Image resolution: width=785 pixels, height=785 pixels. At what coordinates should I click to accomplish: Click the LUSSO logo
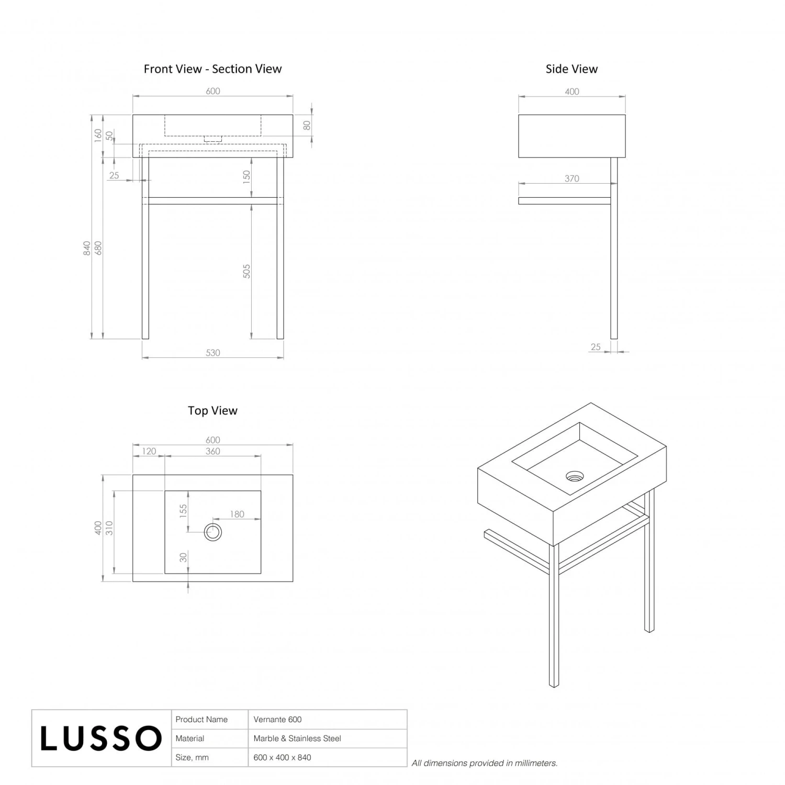(101, 738)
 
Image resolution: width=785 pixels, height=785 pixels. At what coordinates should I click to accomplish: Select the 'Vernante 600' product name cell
(277, 720)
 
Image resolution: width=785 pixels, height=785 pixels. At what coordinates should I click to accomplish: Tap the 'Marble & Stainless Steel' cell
(297, 738)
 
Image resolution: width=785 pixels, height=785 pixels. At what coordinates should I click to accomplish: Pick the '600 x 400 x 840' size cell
(282, 757)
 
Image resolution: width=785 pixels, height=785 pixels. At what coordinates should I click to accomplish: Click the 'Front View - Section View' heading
(212, 69)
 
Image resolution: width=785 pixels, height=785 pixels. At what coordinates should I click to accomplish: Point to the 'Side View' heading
(571, 69)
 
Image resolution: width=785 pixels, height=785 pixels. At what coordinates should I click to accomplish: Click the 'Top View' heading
(212, 411)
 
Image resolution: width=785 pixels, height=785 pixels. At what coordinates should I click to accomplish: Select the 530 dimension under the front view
(213, 353)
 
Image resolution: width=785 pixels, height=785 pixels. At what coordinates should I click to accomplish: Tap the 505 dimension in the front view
(247, 271)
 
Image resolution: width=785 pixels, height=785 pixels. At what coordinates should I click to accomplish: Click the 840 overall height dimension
(87, 248)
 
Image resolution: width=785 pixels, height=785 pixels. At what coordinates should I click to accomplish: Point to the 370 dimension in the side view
(571, 179)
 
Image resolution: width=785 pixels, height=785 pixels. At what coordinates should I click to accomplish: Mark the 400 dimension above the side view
(572, 92)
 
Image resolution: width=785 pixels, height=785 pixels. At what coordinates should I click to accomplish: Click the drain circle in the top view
(213, 532)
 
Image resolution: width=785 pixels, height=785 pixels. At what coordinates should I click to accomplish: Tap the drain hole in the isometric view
(575, 476)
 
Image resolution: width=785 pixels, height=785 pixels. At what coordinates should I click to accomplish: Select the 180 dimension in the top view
(237, 514)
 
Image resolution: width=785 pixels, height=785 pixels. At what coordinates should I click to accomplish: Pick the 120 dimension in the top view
(149, 451)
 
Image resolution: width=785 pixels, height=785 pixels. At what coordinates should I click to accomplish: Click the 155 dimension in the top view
(183, 511)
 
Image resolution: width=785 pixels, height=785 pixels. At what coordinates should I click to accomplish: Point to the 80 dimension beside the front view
(307, 126)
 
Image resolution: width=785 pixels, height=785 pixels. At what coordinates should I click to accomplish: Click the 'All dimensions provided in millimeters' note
(485, 763)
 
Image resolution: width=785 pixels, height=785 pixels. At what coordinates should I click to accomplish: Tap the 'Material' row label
(190, 738)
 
